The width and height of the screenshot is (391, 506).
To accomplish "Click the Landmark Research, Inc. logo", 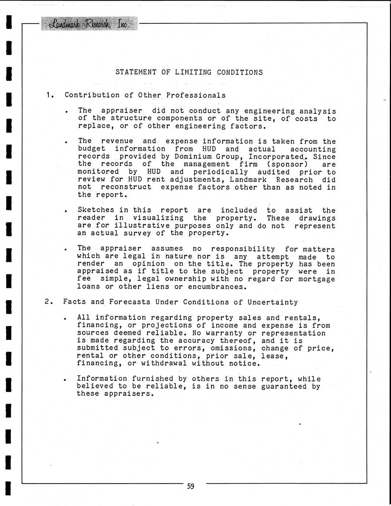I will pos(89,24).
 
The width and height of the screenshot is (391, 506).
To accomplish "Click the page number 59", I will pos(191,487).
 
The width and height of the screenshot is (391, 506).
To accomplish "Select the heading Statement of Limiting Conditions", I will pos(189,72).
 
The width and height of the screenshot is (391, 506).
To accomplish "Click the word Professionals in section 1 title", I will pos(196,95).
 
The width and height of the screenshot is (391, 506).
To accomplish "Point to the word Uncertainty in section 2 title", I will pos(273,302).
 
